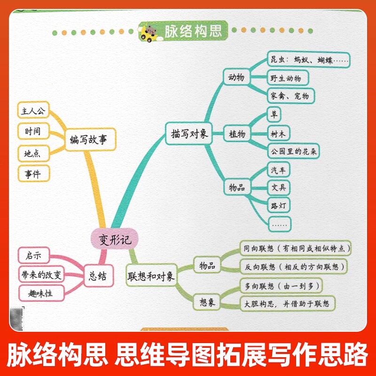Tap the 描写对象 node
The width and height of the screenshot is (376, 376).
(x=187, y=133)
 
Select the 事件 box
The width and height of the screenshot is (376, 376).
(x=32, y=174)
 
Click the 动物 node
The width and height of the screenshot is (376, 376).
(x=236, y=77)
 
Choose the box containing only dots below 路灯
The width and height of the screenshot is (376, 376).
(x=279, y=224)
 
